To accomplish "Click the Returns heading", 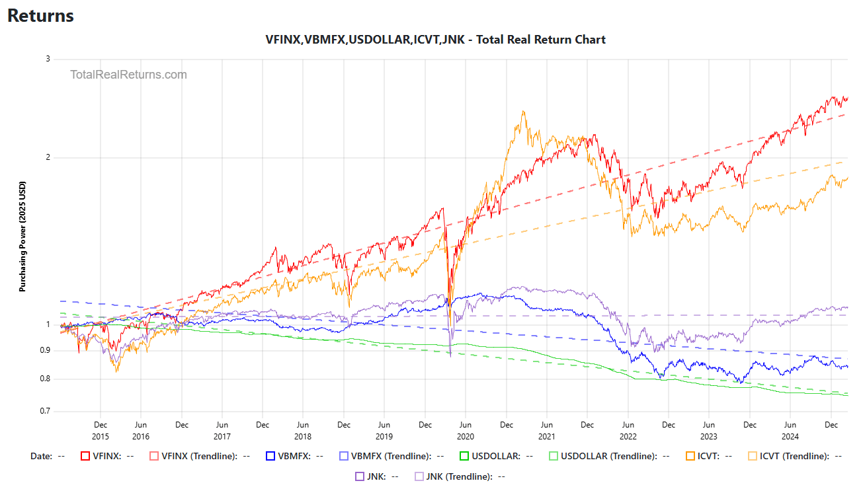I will (40, 16).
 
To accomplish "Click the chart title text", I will (435, 40).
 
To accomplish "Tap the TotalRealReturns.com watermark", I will (128, 75).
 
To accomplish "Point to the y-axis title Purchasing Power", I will (22, 237).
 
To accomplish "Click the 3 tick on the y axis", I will (48, 59).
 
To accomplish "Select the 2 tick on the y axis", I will (48, 157).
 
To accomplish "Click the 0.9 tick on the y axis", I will (45, 350).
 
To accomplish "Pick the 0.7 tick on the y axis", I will (45, 411).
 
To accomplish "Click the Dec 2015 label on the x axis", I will (101, 431).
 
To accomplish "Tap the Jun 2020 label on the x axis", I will (465, 431).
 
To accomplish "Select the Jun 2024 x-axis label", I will (790, 431).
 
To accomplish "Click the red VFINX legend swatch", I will (85, 456).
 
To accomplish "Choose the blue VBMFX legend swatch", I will (270, 456).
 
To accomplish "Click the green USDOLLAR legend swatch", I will (464, 456).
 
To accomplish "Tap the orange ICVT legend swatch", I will (690, 456).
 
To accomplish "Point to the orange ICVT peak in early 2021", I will (523, 112).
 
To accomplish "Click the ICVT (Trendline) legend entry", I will (790, 456).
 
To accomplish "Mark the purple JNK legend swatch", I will (360, 476).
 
